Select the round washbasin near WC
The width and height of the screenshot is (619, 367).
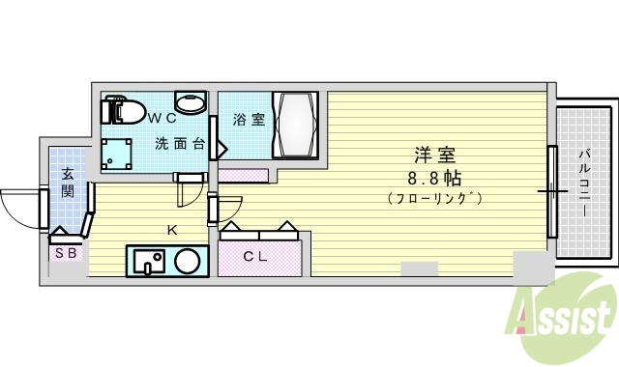click(x=189, y=103)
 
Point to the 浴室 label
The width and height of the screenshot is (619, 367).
click(x=250, y=121)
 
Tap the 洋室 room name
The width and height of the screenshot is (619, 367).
click(x=434, y=155)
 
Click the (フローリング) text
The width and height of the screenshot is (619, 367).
click(x=434, y=198)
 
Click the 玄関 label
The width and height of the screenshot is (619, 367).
click(x=68, y=183)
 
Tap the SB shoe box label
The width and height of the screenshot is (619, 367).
click(x=67, y=253)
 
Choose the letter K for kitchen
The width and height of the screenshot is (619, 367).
click(x=171, y=231)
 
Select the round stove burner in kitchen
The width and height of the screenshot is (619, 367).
click(x=187, y=261)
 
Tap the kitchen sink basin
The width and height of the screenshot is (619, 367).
click(x=148, y=261)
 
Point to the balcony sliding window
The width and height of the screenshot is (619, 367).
click(x=552, y=191)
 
